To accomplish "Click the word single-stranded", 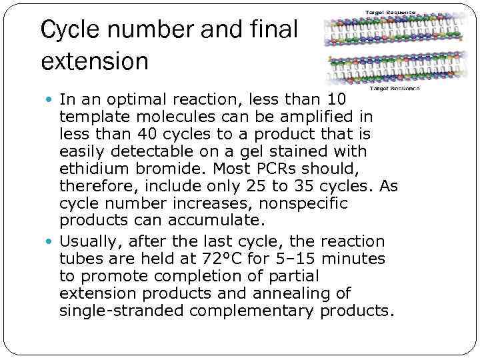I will (x=121, y=311).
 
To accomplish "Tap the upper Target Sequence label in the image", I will (x=390, y=12).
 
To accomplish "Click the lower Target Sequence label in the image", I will (x=395, y=88).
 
